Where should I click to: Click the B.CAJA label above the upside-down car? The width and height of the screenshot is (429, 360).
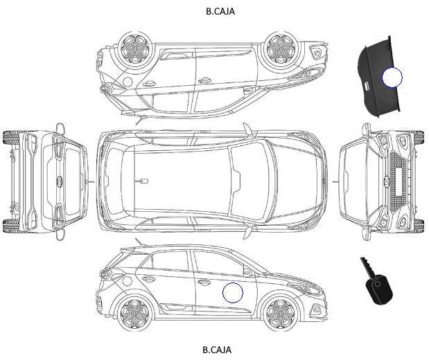[220, 12]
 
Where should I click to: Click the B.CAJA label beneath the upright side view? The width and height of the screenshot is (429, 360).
[217, 350]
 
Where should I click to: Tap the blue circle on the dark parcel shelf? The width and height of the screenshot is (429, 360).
[392, 78]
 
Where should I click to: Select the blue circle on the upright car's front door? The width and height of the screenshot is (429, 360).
[233, 293]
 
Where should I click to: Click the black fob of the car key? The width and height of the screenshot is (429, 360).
[380, 290]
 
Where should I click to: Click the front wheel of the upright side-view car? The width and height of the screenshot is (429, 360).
[281, 312]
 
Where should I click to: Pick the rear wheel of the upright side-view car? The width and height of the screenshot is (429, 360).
[135, 314]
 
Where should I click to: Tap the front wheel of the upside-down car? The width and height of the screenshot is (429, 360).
[281, 48]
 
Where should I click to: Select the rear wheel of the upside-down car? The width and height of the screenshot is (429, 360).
[136, 48]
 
